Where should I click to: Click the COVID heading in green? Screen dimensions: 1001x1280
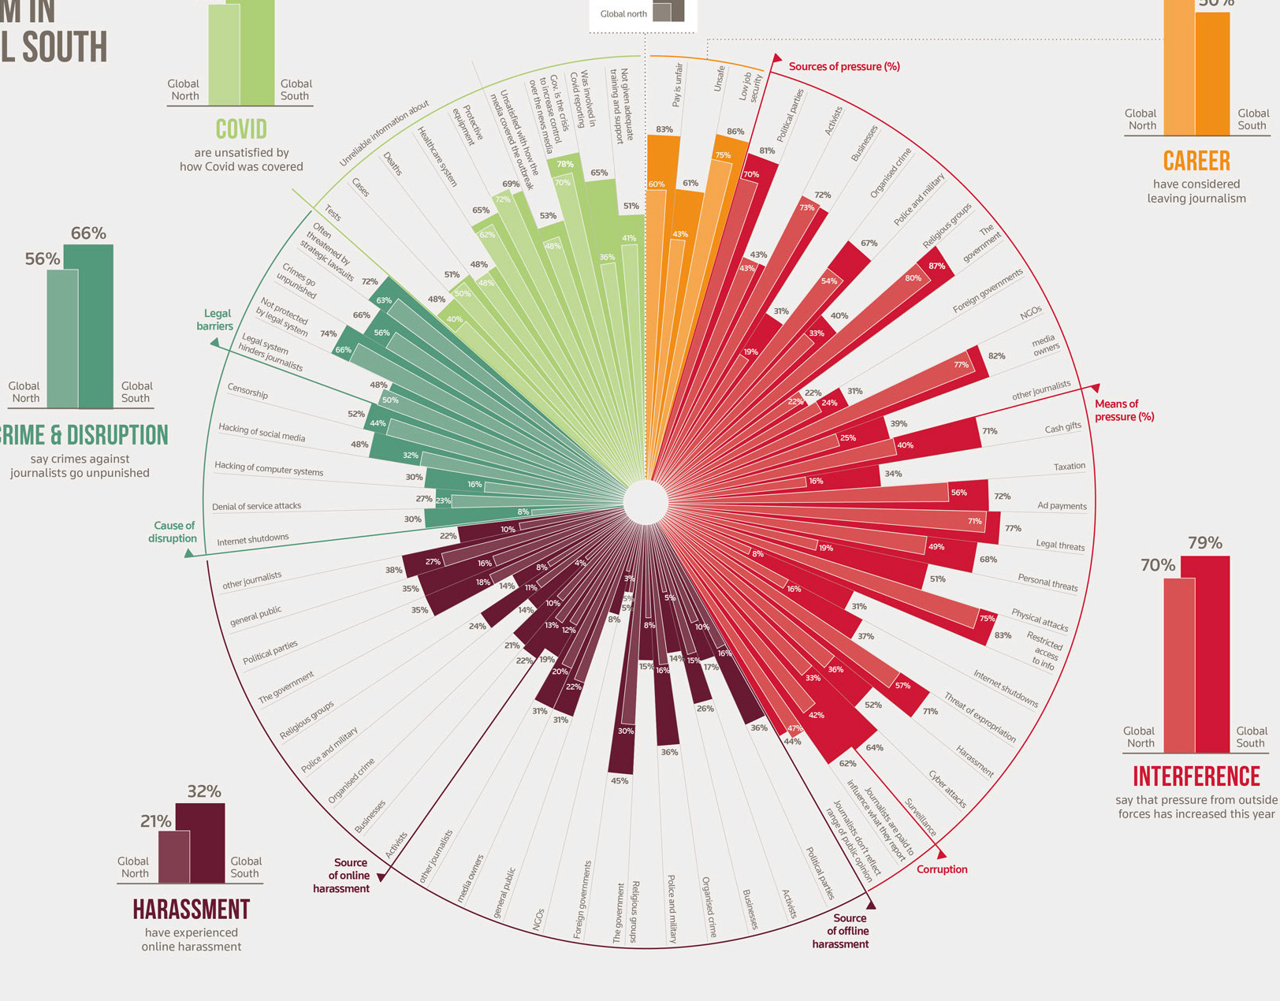(241, 129)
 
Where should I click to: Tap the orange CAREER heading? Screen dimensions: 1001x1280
(1196, 161)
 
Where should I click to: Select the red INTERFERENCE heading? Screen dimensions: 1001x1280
(1196, 776)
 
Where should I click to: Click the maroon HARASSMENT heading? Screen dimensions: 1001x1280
(191, 910)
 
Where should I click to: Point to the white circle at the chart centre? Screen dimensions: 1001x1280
(646, 502)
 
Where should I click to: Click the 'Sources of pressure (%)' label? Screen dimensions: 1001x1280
(844, 67)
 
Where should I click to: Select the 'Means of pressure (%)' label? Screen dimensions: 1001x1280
(1123, 410)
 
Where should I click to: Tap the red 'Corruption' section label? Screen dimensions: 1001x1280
(942, 869)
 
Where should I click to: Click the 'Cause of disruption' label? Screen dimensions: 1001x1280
(173, 532)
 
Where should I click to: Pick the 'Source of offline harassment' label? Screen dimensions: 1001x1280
(841, 931)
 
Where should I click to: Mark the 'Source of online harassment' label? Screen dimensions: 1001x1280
(341, 875)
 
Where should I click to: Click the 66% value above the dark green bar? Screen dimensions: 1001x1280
(88, 233)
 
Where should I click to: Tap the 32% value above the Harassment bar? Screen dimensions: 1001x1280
(203, 791)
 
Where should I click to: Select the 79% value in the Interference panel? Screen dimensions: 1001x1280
(1205, 543)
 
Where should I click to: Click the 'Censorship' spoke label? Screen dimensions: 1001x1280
(247, 391)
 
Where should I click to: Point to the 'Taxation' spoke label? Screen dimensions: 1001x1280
(1069, 467)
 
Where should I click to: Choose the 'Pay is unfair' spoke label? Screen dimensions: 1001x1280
(677, 85)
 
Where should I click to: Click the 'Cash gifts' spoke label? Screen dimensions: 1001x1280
(1062, 427)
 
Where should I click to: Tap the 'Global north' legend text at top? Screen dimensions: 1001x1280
(623, 14)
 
